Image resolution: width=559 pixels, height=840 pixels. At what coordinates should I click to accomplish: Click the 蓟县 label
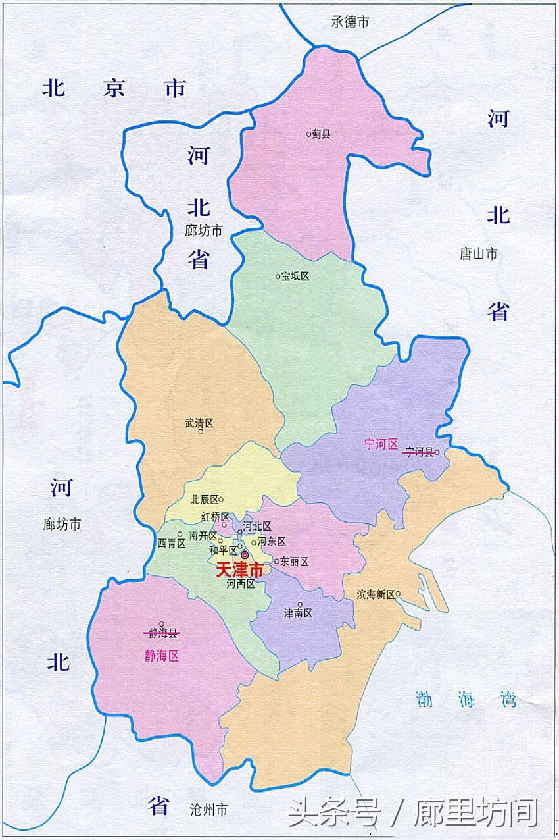click(x=322, y=134)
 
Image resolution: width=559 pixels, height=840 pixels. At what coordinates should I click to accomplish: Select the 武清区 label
click(x=199, y=424)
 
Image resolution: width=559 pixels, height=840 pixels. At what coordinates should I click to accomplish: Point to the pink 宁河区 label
click(x=381, y=444)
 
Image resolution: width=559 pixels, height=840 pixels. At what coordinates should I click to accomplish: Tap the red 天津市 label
click(x=239, y=570)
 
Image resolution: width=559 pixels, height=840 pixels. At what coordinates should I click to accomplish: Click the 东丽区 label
click(x=294, y=562)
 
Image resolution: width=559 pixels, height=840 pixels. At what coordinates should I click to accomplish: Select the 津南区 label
click(x=298, y=613)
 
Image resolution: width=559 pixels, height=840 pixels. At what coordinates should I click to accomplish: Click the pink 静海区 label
click(x=162, y=656)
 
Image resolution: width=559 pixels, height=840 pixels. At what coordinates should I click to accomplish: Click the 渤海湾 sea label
click(x=466, y=698)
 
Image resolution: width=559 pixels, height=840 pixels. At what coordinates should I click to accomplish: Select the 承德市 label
click(x=350, y=22)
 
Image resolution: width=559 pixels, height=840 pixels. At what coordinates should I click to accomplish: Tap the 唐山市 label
click(x=479, y=253)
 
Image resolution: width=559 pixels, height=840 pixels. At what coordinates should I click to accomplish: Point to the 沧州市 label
click(x=208, y=810)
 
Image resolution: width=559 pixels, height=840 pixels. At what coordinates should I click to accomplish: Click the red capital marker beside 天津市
click(x=245, y=556)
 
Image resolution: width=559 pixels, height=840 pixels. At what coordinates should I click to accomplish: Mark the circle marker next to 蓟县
click(x=308, y=134)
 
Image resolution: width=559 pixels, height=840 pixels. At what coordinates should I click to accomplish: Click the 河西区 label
click(x=240, y=583)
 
